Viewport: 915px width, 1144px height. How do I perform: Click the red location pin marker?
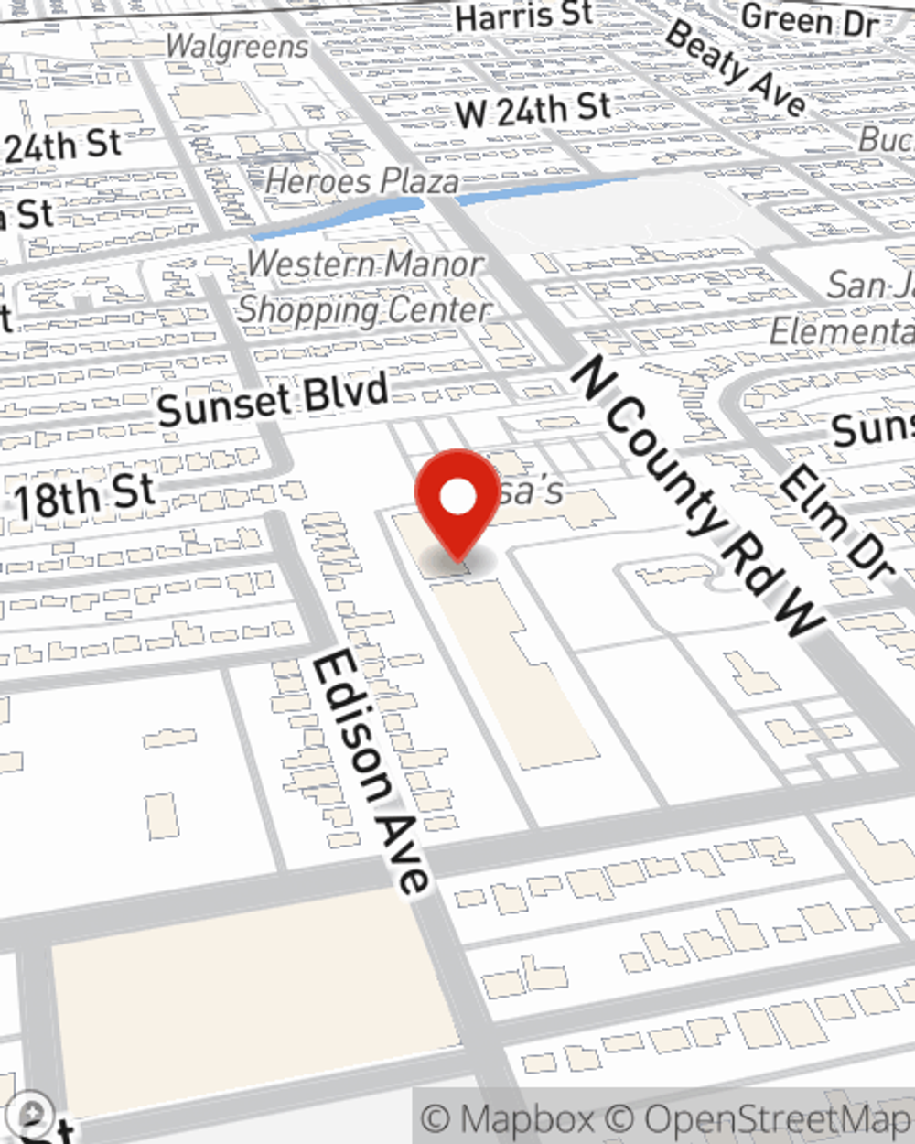pos(457,503)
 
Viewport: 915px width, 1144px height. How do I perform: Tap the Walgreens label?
pos(237,46)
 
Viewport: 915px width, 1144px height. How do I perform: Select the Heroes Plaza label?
pos(362,180)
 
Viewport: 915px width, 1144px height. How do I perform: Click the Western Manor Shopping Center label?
pos(364,287)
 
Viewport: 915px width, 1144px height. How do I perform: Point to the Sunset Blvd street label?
pos(273,401)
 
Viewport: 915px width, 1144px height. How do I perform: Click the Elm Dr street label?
pos(835,522)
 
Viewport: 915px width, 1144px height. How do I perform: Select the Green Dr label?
pos(809,20)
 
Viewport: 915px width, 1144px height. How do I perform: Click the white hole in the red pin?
pos(457,499)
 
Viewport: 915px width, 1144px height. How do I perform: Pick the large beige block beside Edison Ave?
pos(247,998)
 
